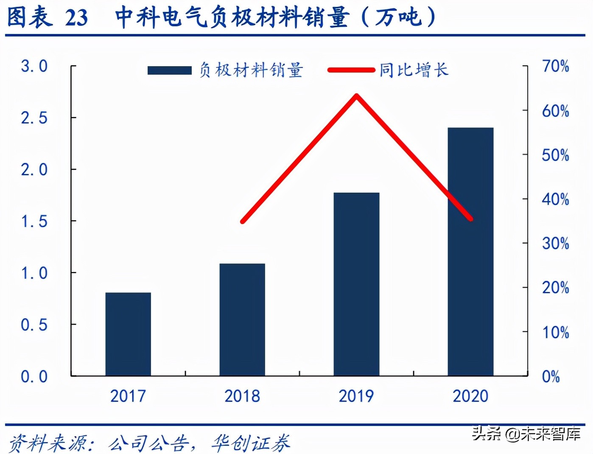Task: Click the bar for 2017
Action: [x=128, y=334]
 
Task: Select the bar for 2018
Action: [x=242, y=319]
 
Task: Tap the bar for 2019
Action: [x=356, y=284]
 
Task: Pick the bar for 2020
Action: [x=470, y=251]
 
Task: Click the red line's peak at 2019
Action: [x=357, y=95]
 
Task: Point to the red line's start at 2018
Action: [x=242, y=221]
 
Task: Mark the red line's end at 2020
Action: [x=470, y=219]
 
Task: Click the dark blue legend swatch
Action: [x=169, y=70]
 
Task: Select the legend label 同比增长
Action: [x=414, y=70]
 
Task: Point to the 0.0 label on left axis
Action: [x=34, y=376]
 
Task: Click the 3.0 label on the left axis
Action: [x=34, y=66]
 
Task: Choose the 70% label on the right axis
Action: [x=555, y=66]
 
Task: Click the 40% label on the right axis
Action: [x=555, y=199]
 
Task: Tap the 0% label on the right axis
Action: [x=551, y=376]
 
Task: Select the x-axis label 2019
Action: [x=356, y=396]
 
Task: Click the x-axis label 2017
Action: [x=128, y=396]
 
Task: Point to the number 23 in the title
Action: [x=77, y=18]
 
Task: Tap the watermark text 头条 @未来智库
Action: [x=526, y=433]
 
